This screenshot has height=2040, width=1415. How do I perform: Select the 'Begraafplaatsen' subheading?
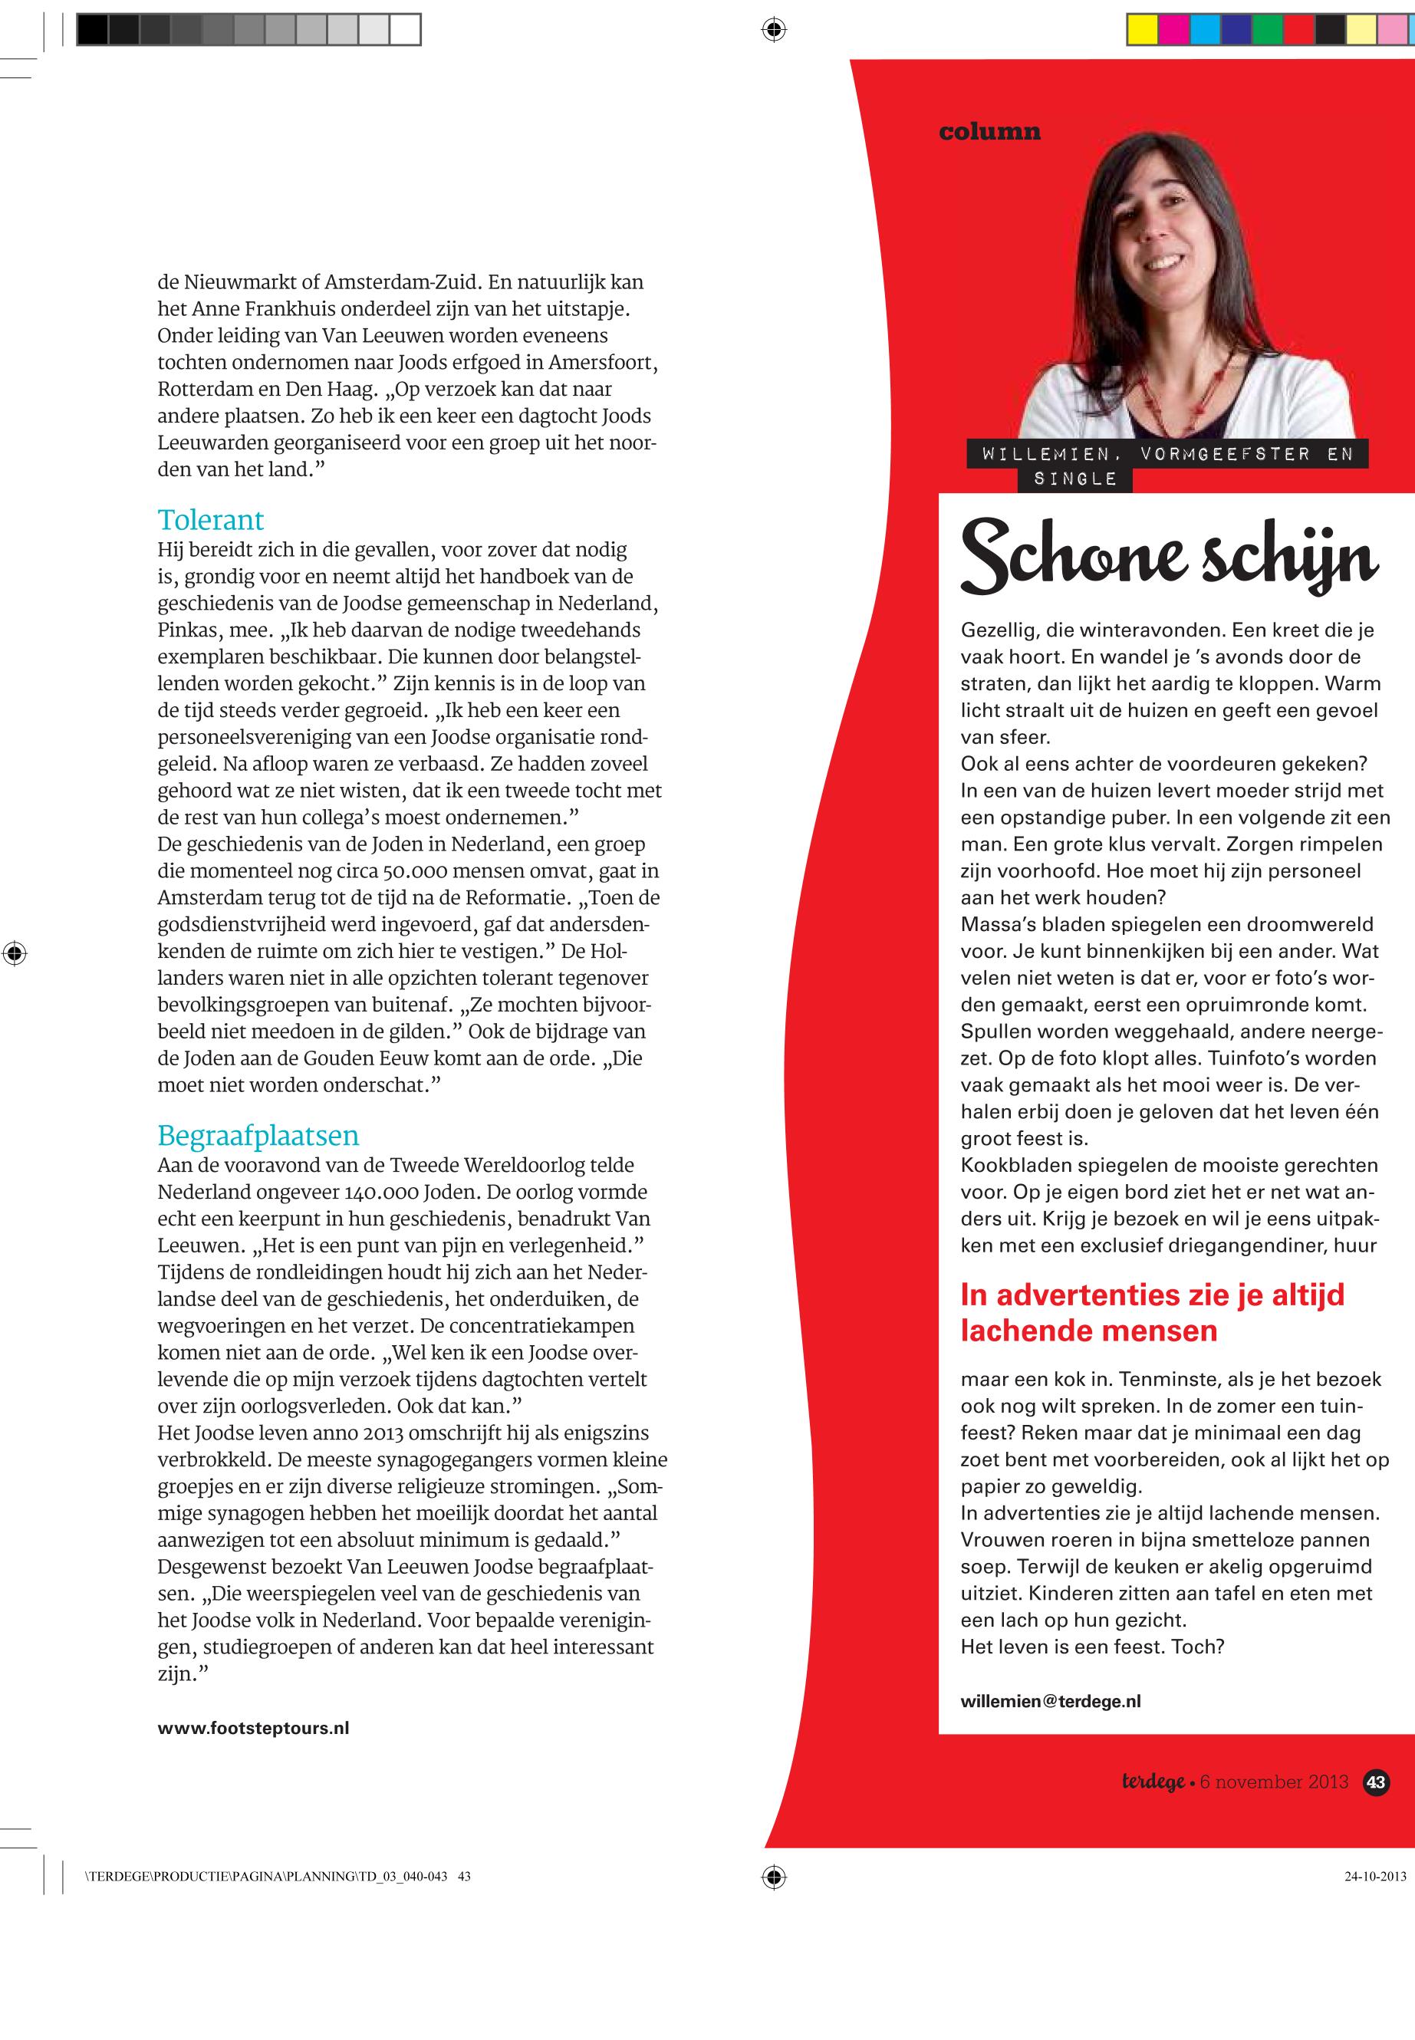click(x=258, y=1136)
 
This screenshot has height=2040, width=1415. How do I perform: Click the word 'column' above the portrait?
click(x=989, y=132)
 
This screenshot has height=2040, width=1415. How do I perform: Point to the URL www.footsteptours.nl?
click(x=254, y=1728)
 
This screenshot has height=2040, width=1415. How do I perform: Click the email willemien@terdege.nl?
click(x=1051, y=1701)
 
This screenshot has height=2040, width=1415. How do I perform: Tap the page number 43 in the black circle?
click(x=1376, y=1782)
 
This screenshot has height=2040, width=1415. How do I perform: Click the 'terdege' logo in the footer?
click(x=1153, y=1782)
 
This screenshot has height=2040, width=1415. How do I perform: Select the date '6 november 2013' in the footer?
click(x=1274, y=1782)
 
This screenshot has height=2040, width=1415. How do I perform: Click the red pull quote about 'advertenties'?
click(x=1152, y=1313)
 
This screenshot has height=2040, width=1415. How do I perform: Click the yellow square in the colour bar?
click(x=1142, y=30)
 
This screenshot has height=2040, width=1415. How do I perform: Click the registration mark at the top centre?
click(x=774, y=30)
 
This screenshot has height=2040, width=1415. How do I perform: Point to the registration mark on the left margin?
click(x=14, y=954)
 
